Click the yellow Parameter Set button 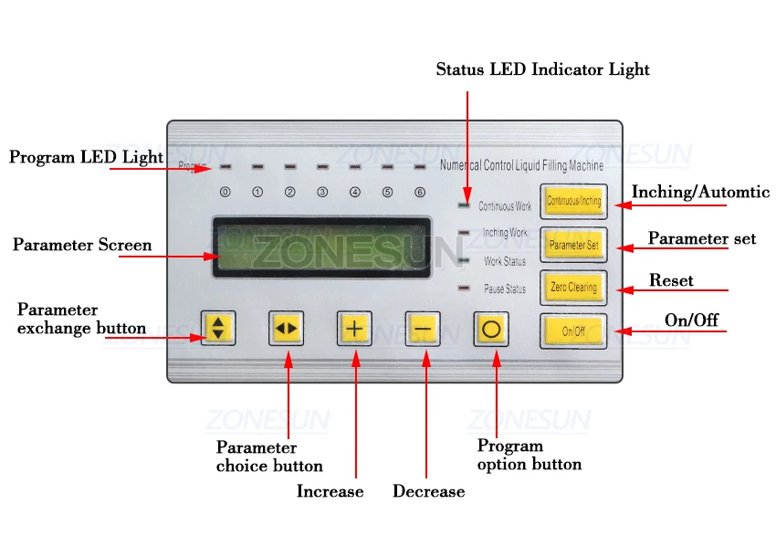573,245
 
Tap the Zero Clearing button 573,288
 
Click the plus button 354,329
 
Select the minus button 423,329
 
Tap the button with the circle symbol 491,329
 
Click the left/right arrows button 286,329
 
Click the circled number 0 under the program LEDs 225,193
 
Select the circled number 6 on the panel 420,193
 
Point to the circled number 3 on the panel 322,193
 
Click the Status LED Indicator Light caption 542,69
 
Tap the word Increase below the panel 330,491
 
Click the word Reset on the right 671,280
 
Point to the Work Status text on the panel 505,262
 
